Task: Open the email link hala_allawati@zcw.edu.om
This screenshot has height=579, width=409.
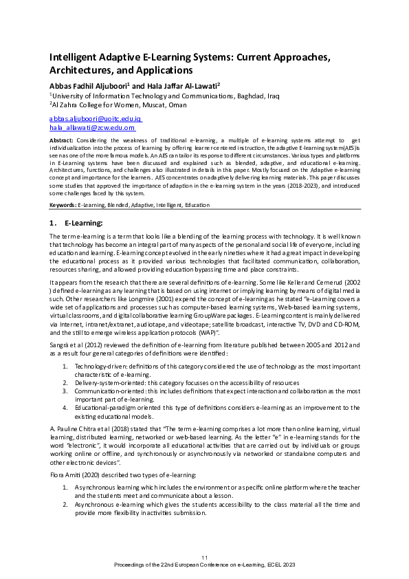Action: coord(92,128)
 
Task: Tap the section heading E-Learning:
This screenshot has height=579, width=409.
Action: coord(83,223)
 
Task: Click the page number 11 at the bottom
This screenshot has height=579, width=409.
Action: coord(204,556)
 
